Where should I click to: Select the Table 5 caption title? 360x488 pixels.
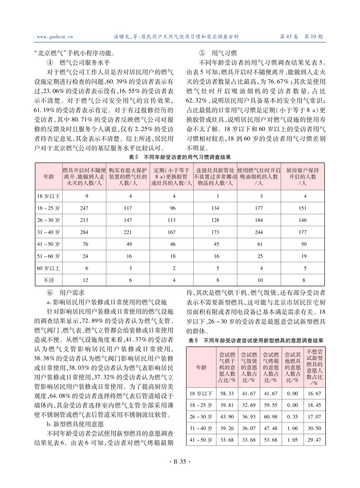(180, 156)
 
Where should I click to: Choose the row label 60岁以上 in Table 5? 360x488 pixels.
(49, 268)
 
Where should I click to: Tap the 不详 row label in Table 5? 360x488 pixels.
(49, 280)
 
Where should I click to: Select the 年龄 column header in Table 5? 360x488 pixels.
(49, 176)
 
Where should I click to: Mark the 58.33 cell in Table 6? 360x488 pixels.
(227, 393)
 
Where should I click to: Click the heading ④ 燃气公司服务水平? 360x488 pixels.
(83, 62)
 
